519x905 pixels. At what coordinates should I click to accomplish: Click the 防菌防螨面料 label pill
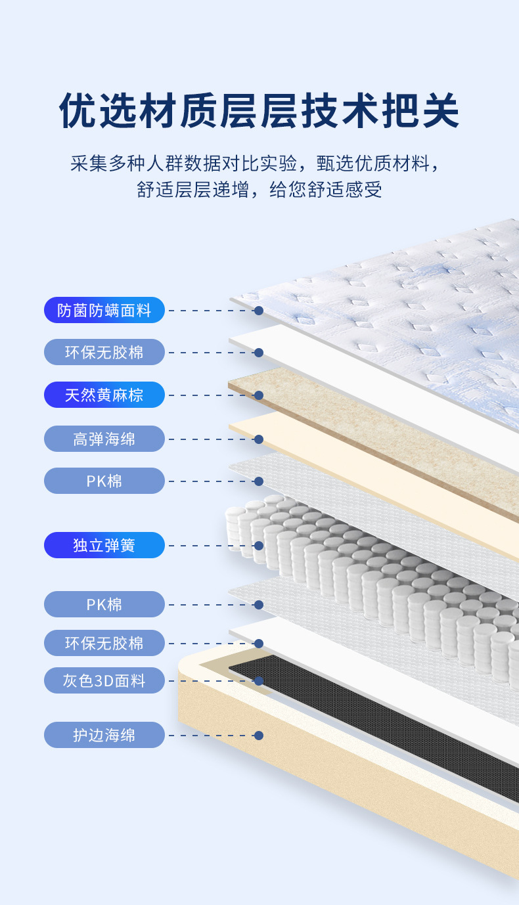(x=104, y=310)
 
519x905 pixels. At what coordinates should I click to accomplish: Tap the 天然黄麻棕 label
(x=104, y=395)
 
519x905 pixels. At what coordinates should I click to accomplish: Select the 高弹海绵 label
(x=104, y=439)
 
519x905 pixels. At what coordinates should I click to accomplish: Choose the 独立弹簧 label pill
(x=104, y=545)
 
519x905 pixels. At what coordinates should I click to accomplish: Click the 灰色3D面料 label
(x=104, y=680)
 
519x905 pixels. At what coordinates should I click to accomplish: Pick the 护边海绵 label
(x=104, y=735)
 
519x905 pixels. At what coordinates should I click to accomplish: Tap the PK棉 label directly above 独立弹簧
(x=104, y=481)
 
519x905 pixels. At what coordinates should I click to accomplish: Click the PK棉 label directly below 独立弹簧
(x=104, y=604)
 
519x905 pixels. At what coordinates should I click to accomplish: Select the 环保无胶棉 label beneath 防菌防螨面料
(x=104, y=352)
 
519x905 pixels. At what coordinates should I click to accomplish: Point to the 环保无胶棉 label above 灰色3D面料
(x=104, y=643)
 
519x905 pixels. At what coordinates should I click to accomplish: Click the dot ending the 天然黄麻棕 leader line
(x=259, y=395)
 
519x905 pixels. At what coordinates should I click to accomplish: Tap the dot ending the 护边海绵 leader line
(x=259, y=736)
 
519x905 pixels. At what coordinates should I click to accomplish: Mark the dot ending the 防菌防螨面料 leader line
(x=259, y=310)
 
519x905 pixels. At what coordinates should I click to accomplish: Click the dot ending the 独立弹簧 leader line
(x=259, y=545)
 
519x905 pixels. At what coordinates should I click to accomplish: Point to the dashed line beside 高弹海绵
(x=210, y=439)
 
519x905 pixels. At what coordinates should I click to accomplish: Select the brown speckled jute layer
(x=368, y=427)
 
